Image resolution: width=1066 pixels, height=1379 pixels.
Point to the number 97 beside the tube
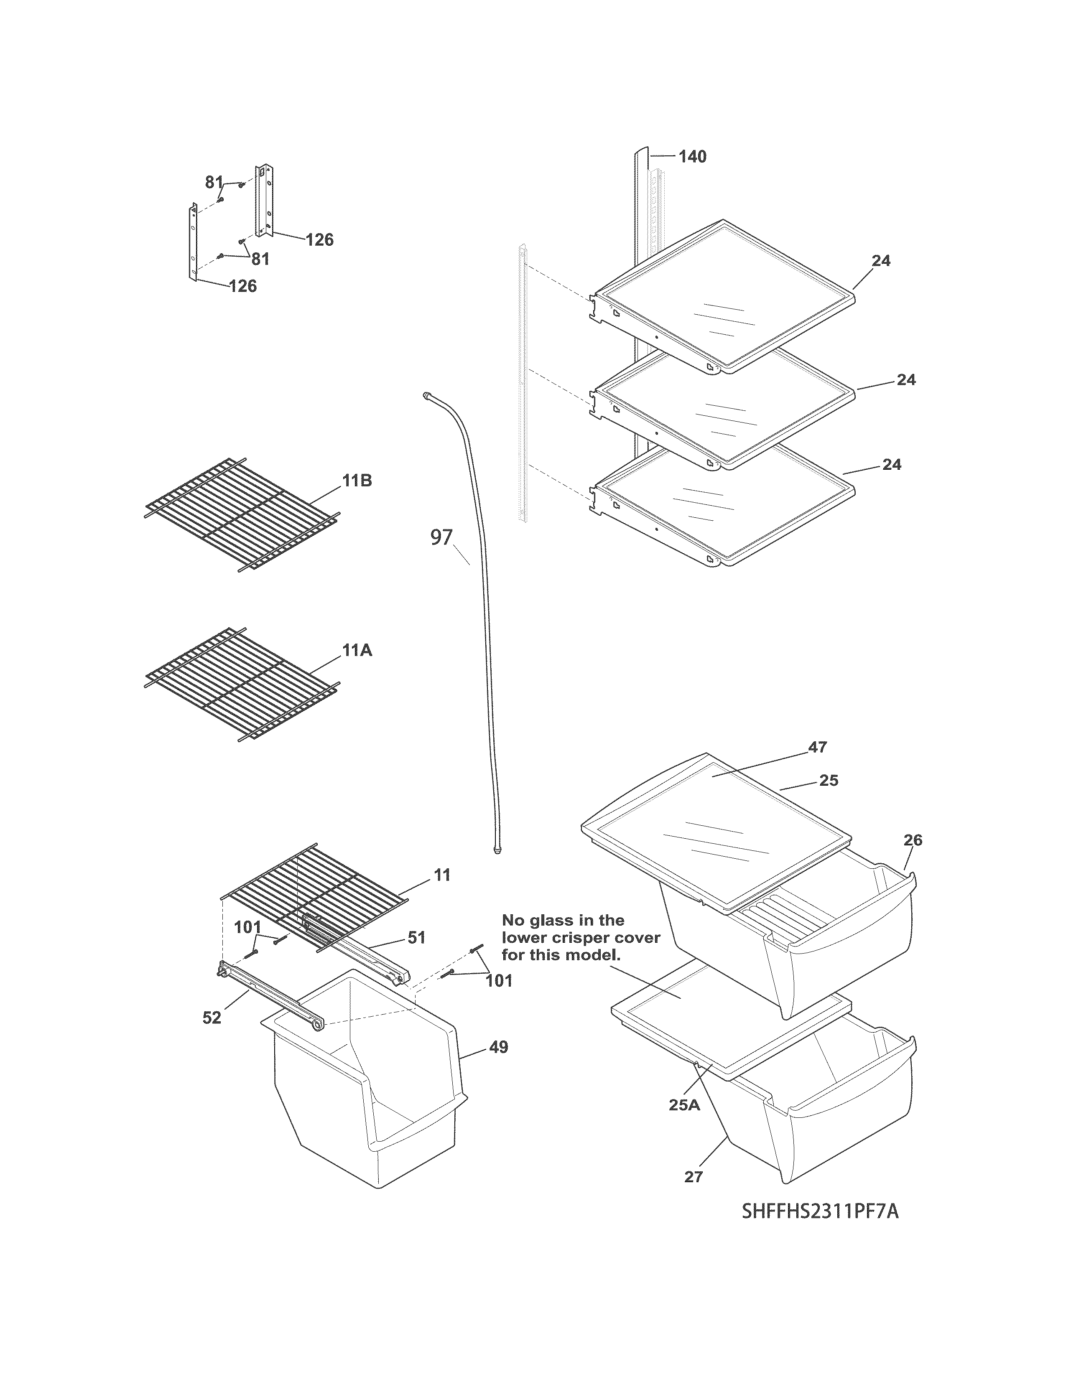[441, 537]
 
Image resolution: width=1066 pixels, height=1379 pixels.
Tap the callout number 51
[416, 938]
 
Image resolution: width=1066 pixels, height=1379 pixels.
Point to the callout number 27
[694, 1176]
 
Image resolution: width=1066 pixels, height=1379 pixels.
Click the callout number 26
[913, 840]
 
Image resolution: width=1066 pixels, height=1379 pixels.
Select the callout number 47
[817, 747]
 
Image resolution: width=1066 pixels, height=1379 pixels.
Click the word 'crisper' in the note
[584, 938]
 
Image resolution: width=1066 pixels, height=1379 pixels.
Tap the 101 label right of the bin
[499, 981]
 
